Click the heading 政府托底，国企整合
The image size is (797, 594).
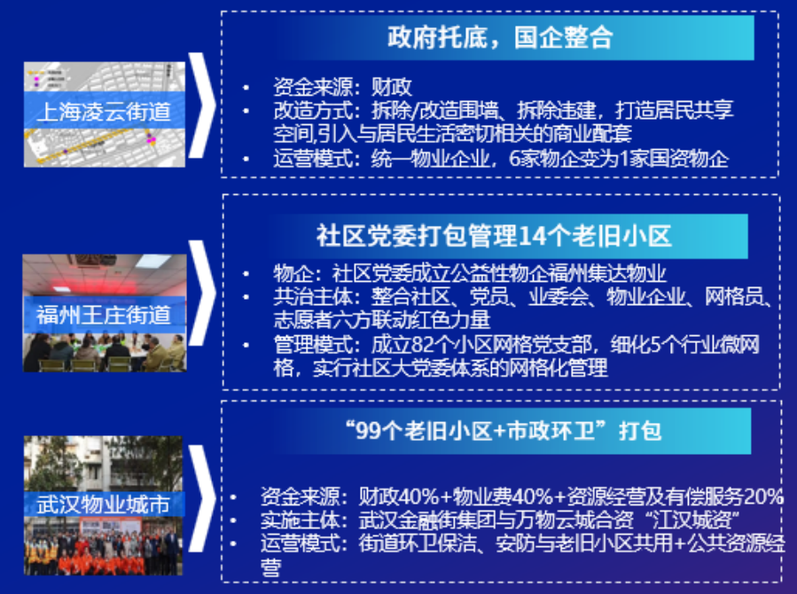coord(500,37)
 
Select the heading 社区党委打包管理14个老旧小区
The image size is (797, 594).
coord(494,236)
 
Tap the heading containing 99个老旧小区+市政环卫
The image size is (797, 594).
coord(504,431)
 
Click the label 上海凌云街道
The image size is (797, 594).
coord(104,112)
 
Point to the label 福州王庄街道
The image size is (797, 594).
coord(104,315)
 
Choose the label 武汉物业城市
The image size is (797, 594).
coord(103,504)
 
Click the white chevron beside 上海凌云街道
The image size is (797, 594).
coord(202,106)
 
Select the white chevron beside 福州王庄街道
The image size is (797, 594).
coord(202,293)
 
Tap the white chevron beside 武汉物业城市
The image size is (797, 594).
coord(202,499)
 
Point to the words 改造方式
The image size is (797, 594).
coord(313,110)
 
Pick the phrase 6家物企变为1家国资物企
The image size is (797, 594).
coord(619,159)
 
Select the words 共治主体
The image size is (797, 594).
coord(313,297)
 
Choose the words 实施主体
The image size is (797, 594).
coord(300,520)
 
